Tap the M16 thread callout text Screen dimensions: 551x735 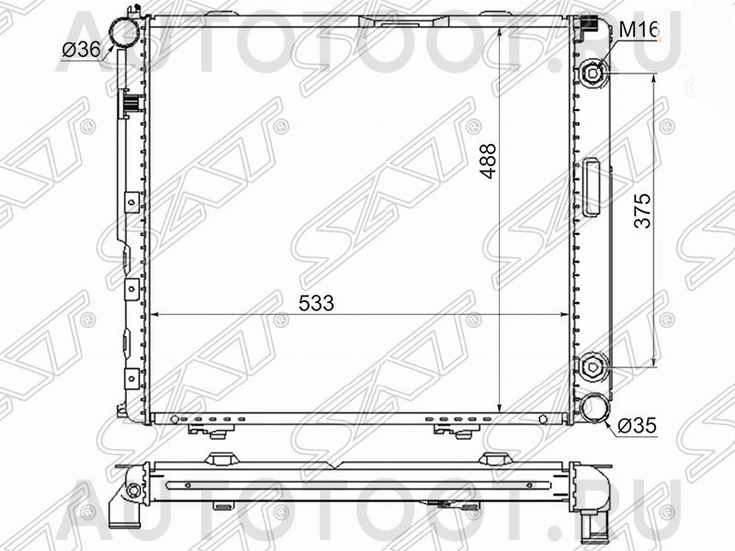coord(638,29)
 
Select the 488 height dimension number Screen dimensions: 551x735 coord(488,161)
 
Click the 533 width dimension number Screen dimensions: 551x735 coord(316,302)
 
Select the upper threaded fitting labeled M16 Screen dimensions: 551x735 coord(593,72)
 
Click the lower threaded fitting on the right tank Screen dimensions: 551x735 coord(593,366)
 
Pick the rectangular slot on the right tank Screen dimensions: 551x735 coord(592,187)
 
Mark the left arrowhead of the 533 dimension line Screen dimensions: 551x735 coord(154,314)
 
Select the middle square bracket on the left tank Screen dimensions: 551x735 coord(131,288)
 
